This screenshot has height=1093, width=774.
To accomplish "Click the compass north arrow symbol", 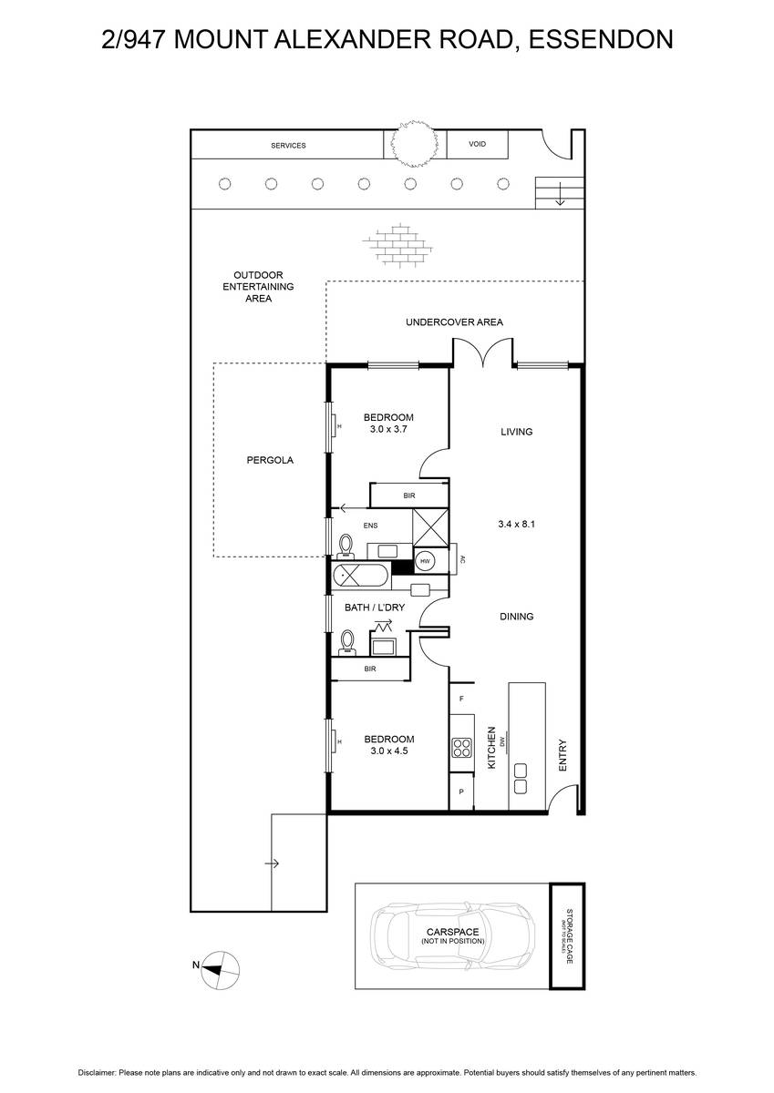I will [x=220, y=965].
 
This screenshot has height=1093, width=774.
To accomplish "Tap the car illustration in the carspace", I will [x=452, y=935].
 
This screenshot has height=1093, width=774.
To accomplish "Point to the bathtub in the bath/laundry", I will [x=360, y=575].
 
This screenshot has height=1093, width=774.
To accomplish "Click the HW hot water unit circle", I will [x=425, y=560].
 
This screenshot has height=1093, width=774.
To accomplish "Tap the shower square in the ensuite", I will [x=430, y=526].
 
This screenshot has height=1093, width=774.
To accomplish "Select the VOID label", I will [x=477, y=145].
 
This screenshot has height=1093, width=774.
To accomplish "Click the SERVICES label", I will [x=288, y=146].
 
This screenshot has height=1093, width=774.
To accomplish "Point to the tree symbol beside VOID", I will [x=408, y=145].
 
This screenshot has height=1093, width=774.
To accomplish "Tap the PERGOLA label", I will [x=270, y=460].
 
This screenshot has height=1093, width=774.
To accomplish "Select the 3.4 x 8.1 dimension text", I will [x=516, y=524].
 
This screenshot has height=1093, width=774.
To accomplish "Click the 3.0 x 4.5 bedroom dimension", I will [x=389, y=751].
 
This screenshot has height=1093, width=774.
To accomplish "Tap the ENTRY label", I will [x=562, y=755].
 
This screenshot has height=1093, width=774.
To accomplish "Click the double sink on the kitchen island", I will [x=522, y=777].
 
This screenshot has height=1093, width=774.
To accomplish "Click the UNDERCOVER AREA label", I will [x=454, y=322].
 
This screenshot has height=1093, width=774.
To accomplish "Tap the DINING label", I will [x=516, y=617].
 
